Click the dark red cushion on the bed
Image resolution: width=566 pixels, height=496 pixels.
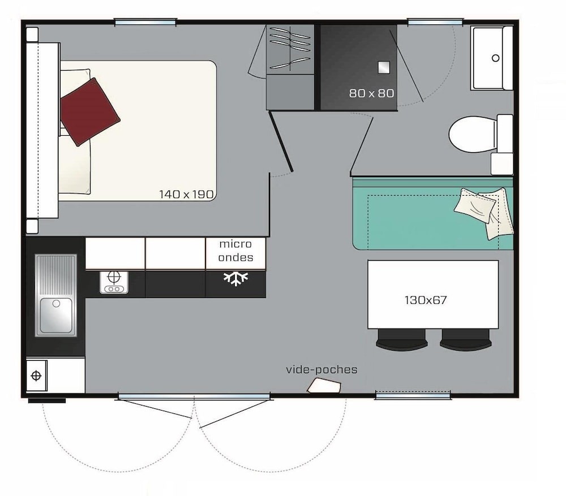point(89,112)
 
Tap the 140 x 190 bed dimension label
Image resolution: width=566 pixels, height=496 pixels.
point(187,195)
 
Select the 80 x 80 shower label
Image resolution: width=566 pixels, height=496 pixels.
point(371,93)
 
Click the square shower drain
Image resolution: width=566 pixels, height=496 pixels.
point(384,67)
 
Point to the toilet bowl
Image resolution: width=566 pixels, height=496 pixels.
point(473,134)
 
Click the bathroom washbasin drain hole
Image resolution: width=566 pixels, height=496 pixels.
point(496,58)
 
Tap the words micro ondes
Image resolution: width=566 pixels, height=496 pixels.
point(235,251)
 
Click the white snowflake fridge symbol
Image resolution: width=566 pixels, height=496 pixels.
point(235,278)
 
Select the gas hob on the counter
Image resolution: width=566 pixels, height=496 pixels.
point(114,282)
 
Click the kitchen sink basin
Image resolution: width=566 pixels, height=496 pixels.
point(56,316)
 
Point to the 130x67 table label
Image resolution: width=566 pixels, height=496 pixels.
point(426,300)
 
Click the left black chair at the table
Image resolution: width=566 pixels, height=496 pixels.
point(402,340)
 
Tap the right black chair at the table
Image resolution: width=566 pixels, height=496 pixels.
point(466,340)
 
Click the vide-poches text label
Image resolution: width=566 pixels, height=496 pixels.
point(321,370)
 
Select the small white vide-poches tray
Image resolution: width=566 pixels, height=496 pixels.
point(324,385)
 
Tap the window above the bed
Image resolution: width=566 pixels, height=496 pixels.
point(145,23)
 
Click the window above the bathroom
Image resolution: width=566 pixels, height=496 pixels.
point(435,23)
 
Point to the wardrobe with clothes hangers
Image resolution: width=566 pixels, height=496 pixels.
point(290,49)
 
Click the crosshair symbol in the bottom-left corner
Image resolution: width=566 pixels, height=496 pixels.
point(36,376)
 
